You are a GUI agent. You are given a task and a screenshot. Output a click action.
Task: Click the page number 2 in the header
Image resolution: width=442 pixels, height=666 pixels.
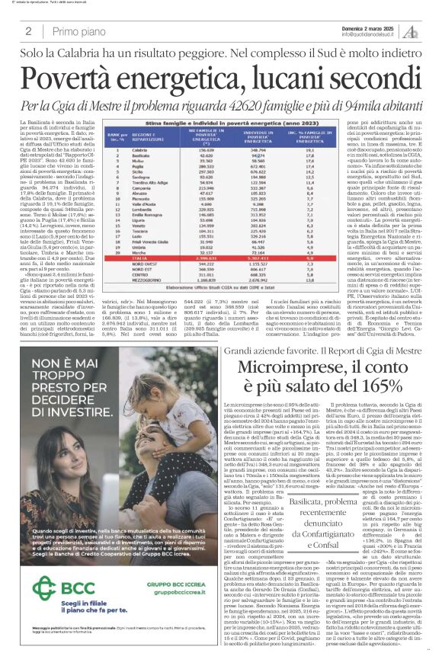pyautogui.click(x=27, y=31)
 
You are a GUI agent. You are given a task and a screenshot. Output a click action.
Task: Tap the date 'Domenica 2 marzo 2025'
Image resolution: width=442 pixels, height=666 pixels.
pyautogui.click(x=372, y=27)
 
